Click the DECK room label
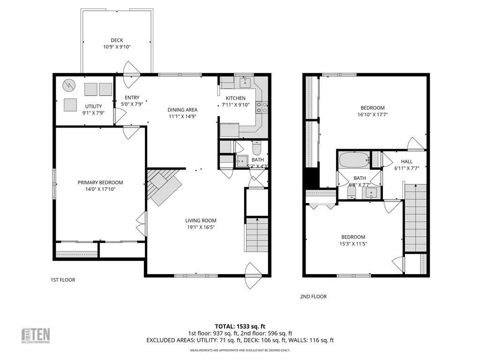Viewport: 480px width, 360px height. pos(117,40)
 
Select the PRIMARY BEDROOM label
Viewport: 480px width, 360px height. pos(100,183)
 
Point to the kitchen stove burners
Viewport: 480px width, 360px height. pos(262,108)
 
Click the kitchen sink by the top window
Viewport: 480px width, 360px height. pos(244,83)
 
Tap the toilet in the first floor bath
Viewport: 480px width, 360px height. pos(256,149)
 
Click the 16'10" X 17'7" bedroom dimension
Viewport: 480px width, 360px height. pos(372,114)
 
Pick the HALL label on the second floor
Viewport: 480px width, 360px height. pos(406,162)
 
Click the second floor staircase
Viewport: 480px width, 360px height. pos(415,218)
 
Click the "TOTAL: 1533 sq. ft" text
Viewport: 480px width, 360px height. pos(240,326)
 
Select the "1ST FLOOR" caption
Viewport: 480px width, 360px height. pos(63,280)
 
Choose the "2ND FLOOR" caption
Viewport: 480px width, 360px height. pos(313,296)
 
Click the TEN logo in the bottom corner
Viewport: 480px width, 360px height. pos(37,335)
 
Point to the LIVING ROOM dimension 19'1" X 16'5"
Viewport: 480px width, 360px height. pos(201,227)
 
